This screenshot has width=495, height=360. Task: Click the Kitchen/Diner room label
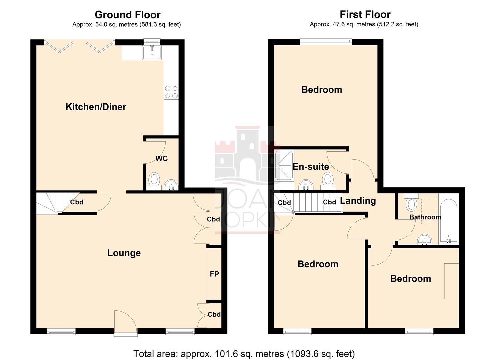point(96,107)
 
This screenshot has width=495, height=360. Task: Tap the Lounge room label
point(124,253)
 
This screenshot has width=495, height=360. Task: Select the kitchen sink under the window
point(152,53)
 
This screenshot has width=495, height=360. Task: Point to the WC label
point(162,159)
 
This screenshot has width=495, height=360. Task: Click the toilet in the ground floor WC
point(154,180)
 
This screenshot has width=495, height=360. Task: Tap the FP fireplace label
point(214,274)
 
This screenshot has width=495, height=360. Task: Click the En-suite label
point(311,167)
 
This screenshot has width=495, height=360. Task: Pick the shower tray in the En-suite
point(284,165)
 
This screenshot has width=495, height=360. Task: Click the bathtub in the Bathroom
point(448,221)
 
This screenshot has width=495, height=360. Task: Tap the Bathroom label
point(425,217)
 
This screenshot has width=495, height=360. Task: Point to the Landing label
point(358,201)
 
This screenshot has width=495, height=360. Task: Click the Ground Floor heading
point(127,15)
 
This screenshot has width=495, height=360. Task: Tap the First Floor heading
point(365,14)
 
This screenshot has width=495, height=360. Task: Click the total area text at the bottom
point(244,353)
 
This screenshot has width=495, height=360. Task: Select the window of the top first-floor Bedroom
point(326,42)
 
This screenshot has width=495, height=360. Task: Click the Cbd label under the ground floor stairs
point(76,202)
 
